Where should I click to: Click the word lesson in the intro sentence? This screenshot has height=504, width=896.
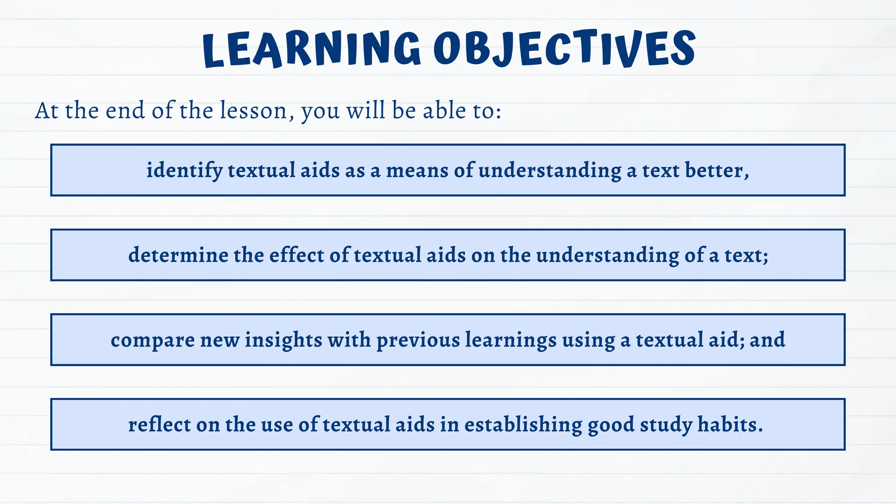[x=253, y=111]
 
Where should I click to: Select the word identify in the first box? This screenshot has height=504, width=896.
[x=184, y=171]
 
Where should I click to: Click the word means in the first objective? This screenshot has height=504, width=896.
[x=417, y=171]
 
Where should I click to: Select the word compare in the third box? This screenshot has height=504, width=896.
[x=152, y=340]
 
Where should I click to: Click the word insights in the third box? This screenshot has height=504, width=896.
[x=283, y=340]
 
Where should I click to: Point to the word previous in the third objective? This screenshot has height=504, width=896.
[x=418, y=340]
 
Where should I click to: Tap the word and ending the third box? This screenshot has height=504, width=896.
[x=767, y=340]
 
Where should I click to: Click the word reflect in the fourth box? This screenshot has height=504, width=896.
[x=159, y=425]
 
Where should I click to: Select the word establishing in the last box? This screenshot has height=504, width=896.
[x=523, y=425]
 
